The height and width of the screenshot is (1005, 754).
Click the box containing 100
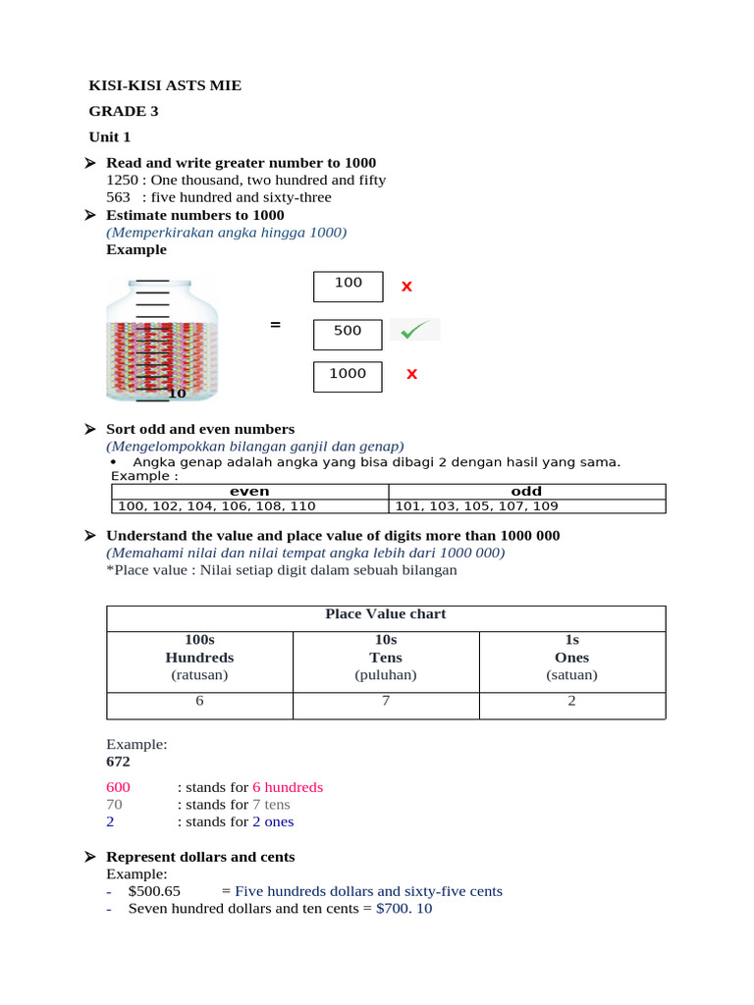[349, 287]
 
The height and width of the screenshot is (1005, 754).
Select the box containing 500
[349, 334]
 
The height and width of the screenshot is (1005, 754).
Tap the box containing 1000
[349, 377]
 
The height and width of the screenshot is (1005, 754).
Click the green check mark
[415, 331]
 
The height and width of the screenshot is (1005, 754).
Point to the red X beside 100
[406, 287]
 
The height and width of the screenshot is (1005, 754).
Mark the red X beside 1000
[412, 374]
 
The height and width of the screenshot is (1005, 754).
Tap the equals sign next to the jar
[276, 325]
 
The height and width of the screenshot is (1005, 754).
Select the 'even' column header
[249, 491]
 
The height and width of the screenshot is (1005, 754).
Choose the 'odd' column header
[526, 491]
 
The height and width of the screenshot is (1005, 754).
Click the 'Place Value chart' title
[386, 614]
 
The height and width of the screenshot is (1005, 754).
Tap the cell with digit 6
[199, 702]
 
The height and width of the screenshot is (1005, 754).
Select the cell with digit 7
[386, 702]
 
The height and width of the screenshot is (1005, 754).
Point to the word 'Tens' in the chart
[386, 658]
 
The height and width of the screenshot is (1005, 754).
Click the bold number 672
[118, 762]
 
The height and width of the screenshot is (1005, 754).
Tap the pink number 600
[117, 787]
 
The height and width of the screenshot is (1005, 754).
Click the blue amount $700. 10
[404, 909]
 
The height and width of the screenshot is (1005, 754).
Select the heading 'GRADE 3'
[124, 112]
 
